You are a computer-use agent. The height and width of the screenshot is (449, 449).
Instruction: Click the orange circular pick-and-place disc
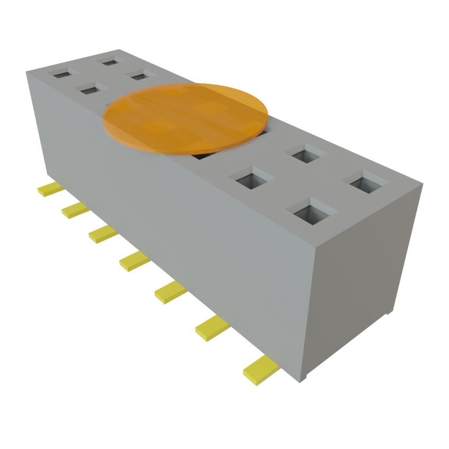(x=185, y=118)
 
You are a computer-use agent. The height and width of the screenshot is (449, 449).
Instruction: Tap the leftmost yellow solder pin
(x=50, y=190)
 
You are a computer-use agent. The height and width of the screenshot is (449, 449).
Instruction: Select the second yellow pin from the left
(x=75, y=211)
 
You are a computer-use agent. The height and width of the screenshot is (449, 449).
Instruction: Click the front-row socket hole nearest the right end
(x=312, y=213)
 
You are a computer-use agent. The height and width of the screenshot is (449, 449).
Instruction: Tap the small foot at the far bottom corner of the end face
(x=388, y=313)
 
